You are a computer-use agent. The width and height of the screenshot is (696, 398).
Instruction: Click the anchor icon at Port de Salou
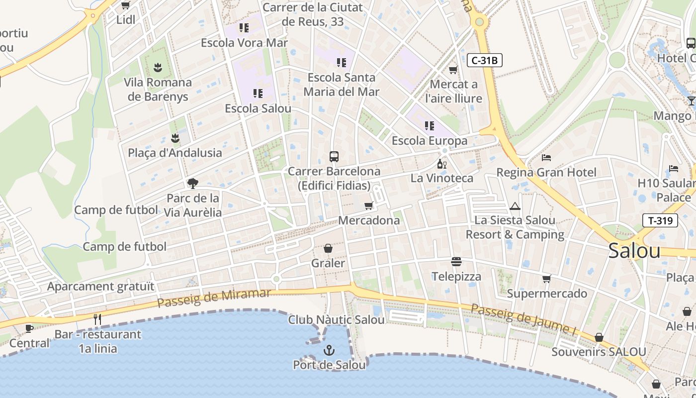tap(329, 351)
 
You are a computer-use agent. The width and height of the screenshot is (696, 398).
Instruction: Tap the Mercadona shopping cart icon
tap(368, 205)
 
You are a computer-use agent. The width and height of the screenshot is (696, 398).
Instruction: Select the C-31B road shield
tap(485, 61)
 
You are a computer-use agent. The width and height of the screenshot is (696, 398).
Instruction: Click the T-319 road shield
tap(660, 220)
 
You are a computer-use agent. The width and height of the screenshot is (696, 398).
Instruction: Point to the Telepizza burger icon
tap(456, 261)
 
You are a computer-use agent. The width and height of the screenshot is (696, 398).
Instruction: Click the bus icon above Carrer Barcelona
tap(334, 157)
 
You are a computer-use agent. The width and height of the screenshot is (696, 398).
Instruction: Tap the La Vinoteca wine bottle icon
tap(441, 164)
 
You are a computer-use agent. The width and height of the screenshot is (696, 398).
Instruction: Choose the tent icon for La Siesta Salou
tap(515, 206)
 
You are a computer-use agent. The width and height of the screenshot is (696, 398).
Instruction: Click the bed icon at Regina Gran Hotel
tap(546, 158)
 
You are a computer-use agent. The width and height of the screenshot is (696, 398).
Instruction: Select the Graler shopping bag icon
tap(328, 248)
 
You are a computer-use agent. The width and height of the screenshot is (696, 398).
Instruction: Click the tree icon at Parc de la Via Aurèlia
tap(193, 184)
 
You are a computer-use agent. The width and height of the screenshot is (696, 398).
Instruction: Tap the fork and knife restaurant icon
tap(97, 319)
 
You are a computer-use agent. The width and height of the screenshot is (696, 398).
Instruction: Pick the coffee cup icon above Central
tap(29, 328)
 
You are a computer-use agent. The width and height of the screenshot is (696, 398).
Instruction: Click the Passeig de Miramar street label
tap(214, 297)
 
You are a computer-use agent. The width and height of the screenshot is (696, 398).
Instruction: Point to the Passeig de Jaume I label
tap(523, 319)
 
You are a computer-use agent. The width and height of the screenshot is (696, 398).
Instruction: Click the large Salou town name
tap(634, 251)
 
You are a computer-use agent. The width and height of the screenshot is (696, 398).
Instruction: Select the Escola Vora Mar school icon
tap(244, 28)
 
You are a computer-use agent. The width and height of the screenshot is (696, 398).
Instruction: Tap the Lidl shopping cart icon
tap(126, 5)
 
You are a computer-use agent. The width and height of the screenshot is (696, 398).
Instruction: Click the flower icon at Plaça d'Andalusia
tap(174, 138)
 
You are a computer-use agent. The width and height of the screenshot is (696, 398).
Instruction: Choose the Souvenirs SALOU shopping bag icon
tap(599, 337)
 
